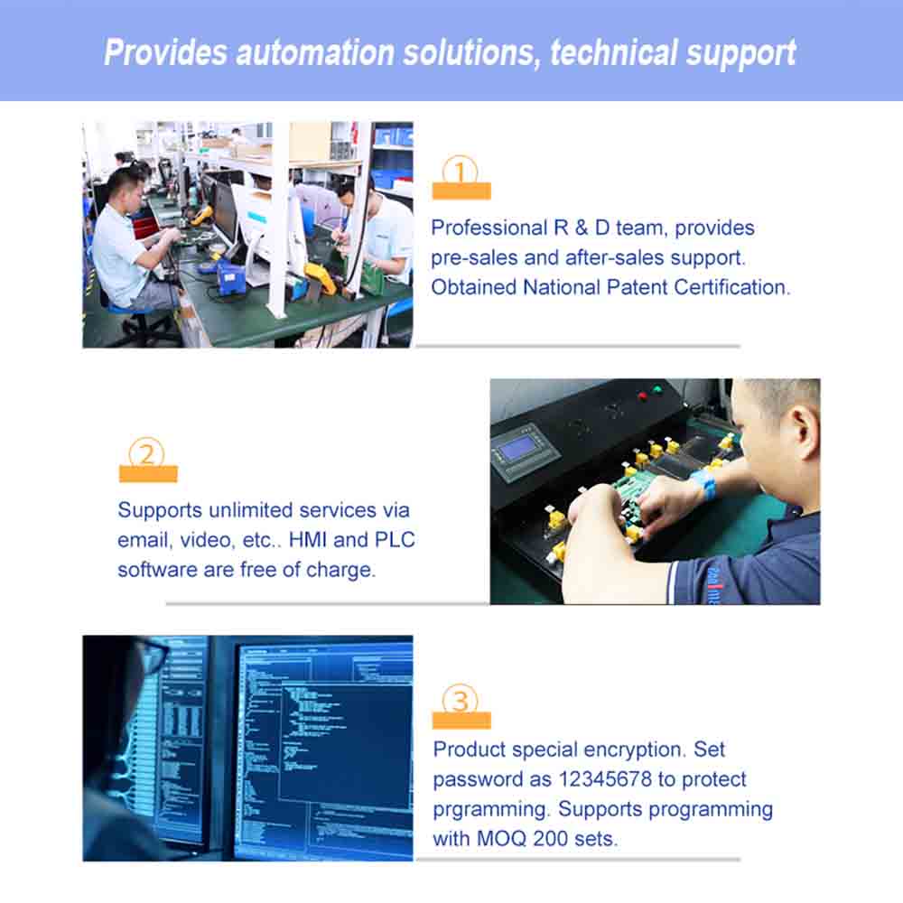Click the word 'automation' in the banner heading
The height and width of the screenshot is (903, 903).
[315, 53]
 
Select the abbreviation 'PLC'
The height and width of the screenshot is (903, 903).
[395, 540]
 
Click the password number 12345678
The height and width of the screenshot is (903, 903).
[605, 779]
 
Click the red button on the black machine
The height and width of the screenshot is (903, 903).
[643, 396]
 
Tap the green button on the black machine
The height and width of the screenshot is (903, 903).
[657, 390]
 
